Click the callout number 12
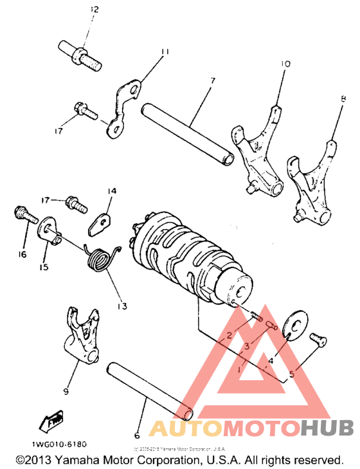pyautogui.click(x=94, y=9)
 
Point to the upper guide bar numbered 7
pyautogui.click(x=187, y=131)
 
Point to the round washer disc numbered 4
pyautogui.click(x=296, y=324)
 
